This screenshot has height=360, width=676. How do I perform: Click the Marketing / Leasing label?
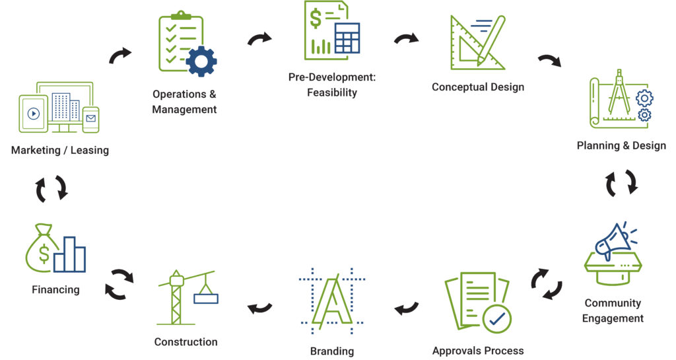tap(60, 150)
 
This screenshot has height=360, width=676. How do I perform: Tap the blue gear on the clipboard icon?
tap(201, 61)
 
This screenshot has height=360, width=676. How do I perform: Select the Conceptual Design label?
tap(478, 87)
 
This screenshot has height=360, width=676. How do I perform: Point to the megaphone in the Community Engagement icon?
tap(610, 241)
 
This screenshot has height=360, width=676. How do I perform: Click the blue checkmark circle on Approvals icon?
tap(496, 319)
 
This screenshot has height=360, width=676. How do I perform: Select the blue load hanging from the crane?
tap(206, 298)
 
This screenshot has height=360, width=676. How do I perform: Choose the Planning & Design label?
tap(621, 145)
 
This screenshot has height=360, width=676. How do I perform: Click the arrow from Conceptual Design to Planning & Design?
tap(549, 61)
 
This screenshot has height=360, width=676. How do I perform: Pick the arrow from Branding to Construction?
tap(259, 307)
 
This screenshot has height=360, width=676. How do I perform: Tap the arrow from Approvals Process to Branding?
tap(407, 307)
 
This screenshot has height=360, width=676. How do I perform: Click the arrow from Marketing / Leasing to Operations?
tap(120, 56)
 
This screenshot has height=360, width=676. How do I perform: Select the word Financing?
tap(55, 289)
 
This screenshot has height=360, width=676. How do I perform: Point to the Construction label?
tap(186, 342)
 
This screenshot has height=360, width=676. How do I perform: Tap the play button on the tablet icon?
tap(34, 114)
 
